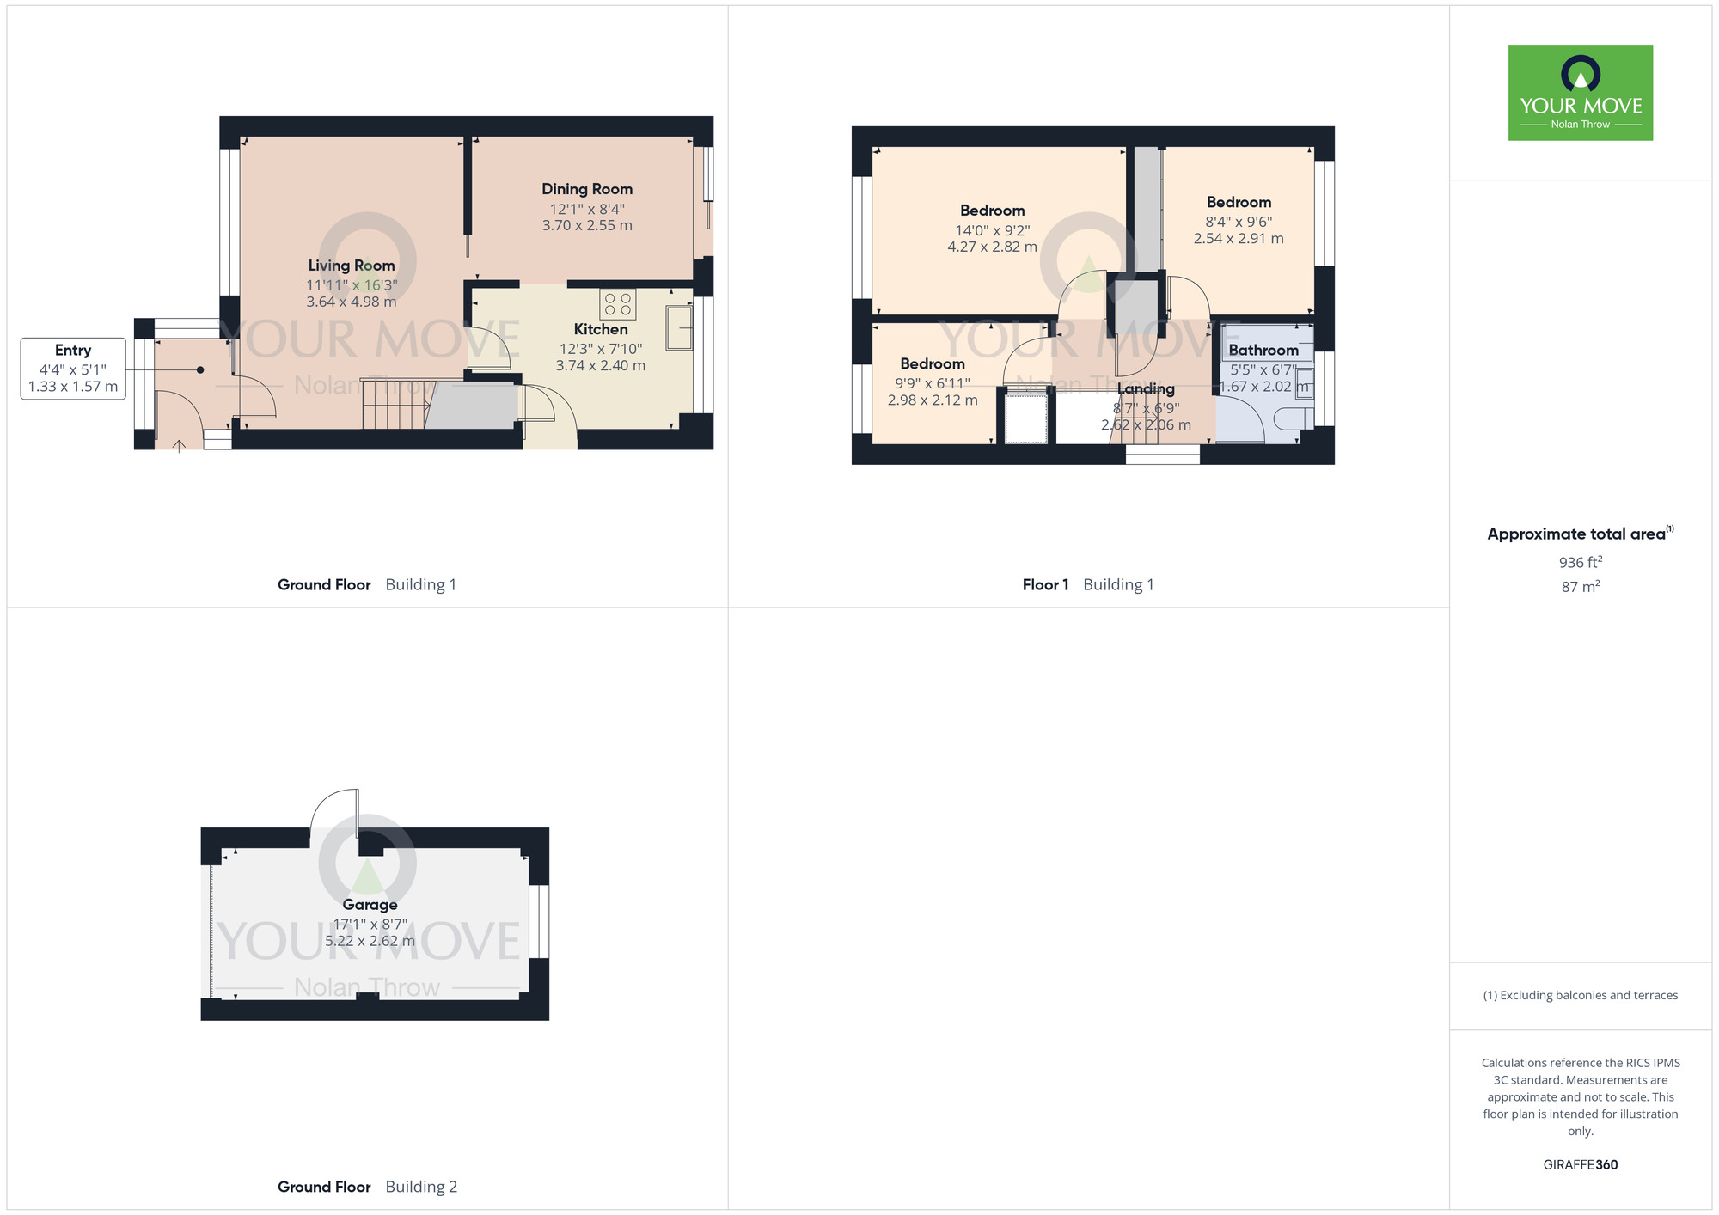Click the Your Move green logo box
(x=1581, y=93)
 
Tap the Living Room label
(x=352, y=266)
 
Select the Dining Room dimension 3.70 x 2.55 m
(x=587, y=225)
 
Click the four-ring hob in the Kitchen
(x=618, y=304)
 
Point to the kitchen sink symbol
(x=679, y=327)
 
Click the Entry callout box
(x=73, y=368)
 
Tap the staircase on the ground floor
(x=395, y=404)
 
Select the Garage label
(x=370, y=904)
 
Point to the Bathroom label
(x=1263, y=350)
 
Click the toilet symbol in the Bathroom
(x=1294, y=418)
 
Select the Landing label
(x=1146, y=389)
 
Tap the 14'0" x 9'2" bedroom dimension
(x=993, y=230)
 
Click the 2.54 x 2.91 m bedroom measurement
(x=1239, y=238)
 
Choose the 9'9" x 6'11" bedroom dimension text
(x=933, y=383)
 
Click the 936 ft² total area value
(x=1581, y=562)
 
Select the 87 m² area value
(x=1581, y=586)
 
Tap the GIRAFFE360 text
(x=1581, y=1165)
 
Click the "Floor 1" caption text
(x=1045, y=584)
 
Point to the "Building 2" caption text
(x=421, y=1187)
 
